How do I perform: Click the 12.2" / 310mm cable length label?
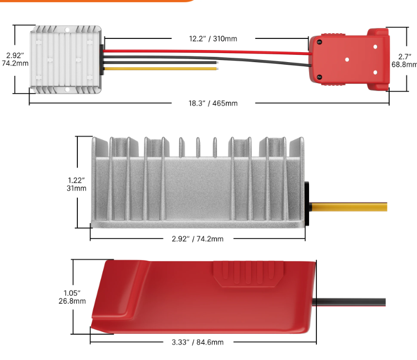213,38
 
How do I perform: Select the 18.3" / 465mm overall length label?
213,103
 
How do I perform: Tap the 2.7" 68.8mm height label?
403,61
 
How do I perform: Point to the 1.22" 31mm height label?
77,184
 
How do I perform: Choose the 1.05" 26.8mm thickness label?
72,297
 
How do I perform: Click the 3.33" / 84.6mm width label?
197,342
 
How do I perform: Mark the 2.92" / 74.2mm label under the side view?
197,238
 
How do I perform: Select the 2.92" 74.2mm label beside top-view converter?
15,59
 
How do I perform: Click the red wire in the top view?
205,52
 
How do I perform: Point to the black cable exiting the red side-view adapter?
350,302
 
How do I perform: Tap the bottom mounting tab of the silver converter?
66,91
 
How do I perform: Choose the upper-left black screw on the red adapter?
320,41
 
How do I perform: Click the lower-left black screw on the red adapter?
320,77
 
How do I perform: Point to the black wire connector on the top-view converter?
102,58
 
